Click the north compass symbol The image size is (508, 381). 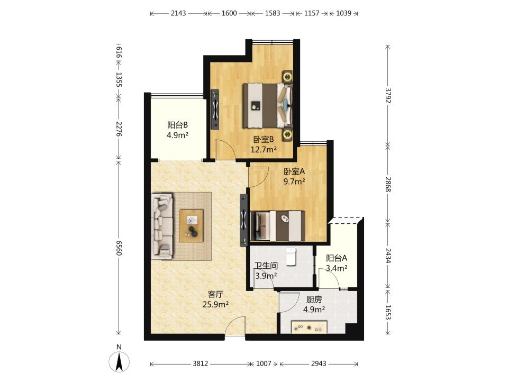(x=119, y=360)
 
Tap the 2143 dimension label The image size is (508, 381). (x=178, y=13)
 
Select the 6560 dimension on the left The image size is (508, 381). (x=119, y=248)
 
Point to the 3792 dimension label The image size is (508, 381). (x=388, y=95)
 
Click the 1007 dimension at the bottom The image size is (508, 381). (x=264, y=364)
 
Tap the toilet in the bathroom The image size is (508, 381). (x=291, y=256)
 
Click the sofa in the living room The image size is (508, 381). (x=162, y=226)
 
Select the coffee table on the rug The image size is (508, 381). (x=192, y=226)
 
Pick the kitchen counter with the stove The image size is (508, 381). (x=309, y=326)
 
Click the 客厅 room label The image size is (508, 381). (x=215, y=295)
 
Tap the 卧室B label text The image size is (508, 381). (x=264, y=140)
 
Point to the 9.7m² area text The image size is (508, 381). (x=294, y=182)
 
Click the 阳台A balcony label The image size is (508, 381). (x=337, y=258)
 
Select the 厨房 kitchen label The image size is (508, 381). (x=314, y=300)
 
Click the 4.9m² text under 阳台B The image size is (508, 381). (x=178, y=135)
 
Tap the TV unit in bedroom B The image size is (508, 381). (x=215, y=110)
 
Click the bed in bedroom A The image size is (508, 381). (x=278, y=226)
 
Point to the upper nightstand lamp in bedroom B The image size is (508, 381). (x=287, y=77)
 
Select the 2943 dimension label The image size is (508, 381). (x=319, y=364)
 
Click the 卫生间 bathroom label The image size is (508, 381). (x=266, y=266)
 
